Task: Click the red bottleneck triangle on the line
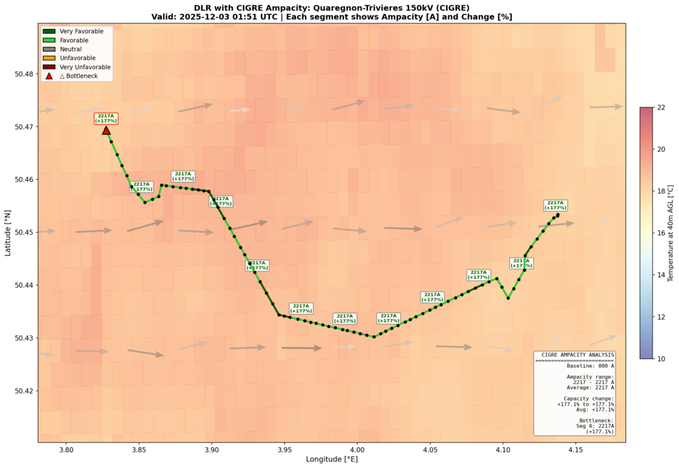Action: coord(106,130)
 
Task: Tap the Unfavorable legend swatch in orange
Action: coord(48,58)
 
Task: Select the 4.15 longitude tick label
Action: coord(576,450)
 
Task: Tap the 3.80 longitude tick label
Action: coord(66,450)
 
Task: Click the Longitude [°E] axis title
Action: coord(332,459)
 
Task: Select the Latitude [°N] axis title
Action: coord(8,233)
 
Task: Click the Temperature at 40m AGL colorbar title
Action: coord(670,233)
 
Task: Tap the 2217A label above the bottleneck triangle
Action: coord(106,119)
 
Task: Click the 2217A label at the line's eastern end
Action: coord(555,205)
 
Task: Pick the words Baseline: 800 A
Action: coord(575,366)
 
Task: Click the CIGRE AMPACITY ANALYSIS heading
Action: coord(575,355)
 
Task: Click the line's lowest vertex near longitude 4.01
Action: coord(374,337)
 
